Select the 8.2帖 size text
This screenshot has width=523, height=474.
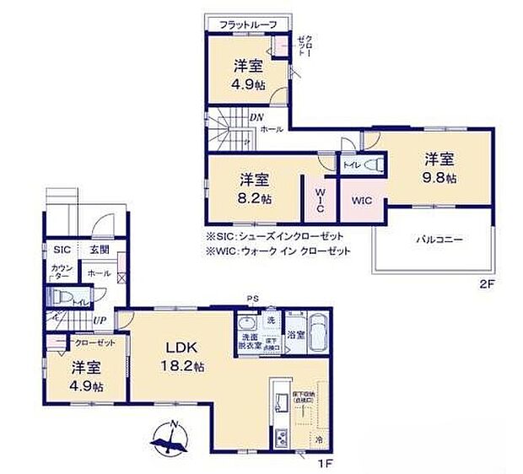[254, 199]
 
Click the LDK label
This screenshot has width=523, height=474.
[181, 348]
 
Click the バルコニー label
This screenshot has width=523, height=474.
[438, 240]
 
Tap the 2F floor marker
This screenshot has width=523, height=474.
[488, 284]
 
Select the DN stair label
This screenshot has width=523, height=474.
[257, 117]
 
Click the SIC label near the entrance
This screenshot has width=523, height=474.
[62, 250]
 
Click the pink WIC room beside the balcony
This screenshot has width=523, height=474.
[362, 201]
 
